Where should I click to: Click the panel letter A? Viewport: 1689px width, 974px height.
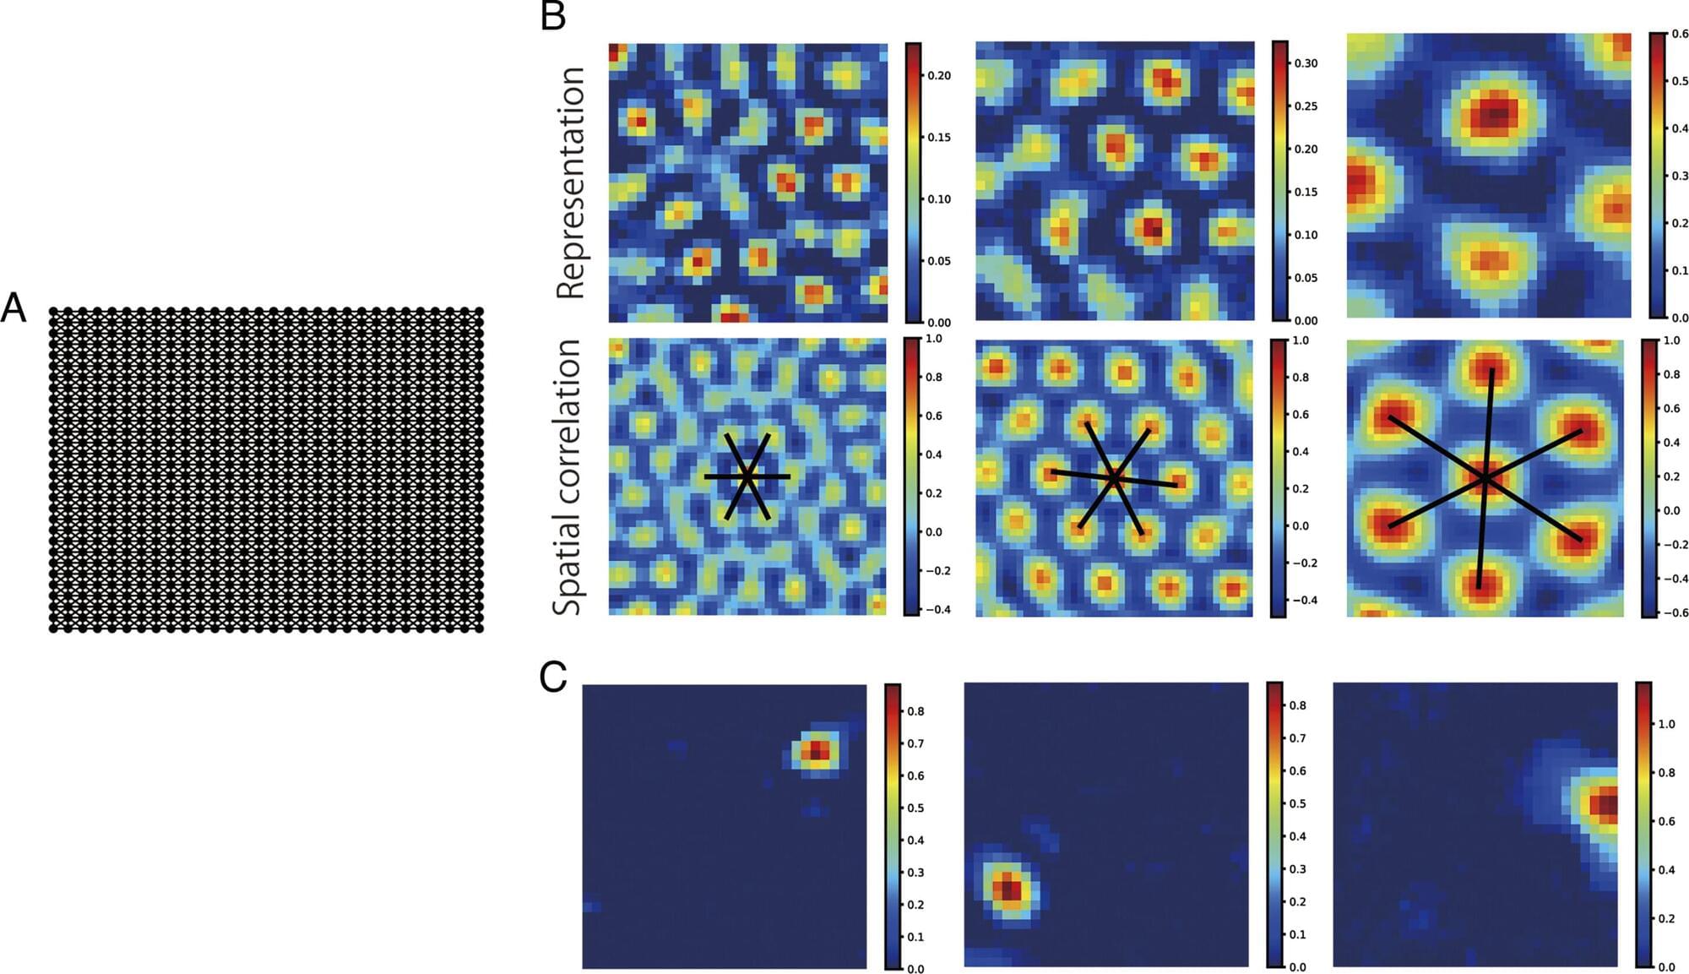click(13, 308)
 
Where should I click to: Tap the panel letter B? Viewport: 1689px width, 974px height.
click(553, 17)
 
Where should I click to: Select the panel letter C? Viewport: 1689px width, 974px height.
click(553, 677)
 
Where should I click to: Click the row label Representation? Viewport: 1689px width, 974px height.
click(572, 182)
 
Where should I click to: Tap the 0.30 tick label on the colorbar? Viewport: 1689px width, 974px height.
click(1306, 63)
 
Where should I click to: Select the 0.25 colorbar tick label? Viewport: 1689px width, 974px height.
click(1306, 106)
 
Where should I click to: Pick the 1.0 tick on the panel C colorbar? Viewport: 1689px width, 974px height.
click(1666, 724)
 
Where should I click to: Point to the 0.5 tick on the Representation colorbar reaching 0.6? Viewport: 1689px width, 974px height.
click(1680, 81)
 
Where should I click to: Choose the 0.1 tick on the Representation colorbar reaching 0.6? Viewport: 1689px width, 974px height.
click(1680, 271)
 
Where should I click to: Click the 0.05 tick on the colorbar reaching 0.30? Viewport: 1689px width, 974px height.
click(1306, 278)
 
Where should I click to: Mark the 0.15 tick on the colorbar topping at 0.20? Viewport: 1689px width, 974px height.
click(939, 138)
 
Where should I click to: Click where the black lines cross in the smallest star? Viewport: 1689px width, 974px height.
click(747, 477)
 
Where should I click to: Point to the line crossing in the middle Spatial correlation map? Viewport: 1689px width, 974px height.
click(1114, 479)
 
